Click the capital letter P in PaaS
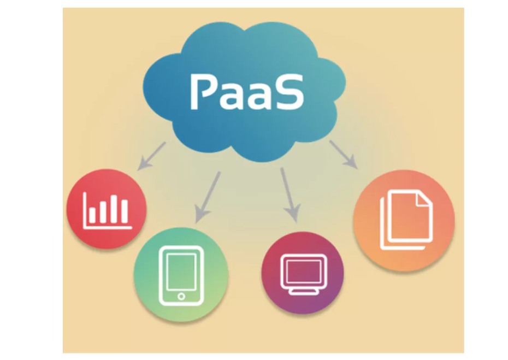[x=204, y=91]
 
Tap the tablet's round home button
[x=181, y=296]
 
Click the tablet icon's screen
[x=181, y=270]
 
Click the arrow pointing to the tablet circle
[x=208, y=197]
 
